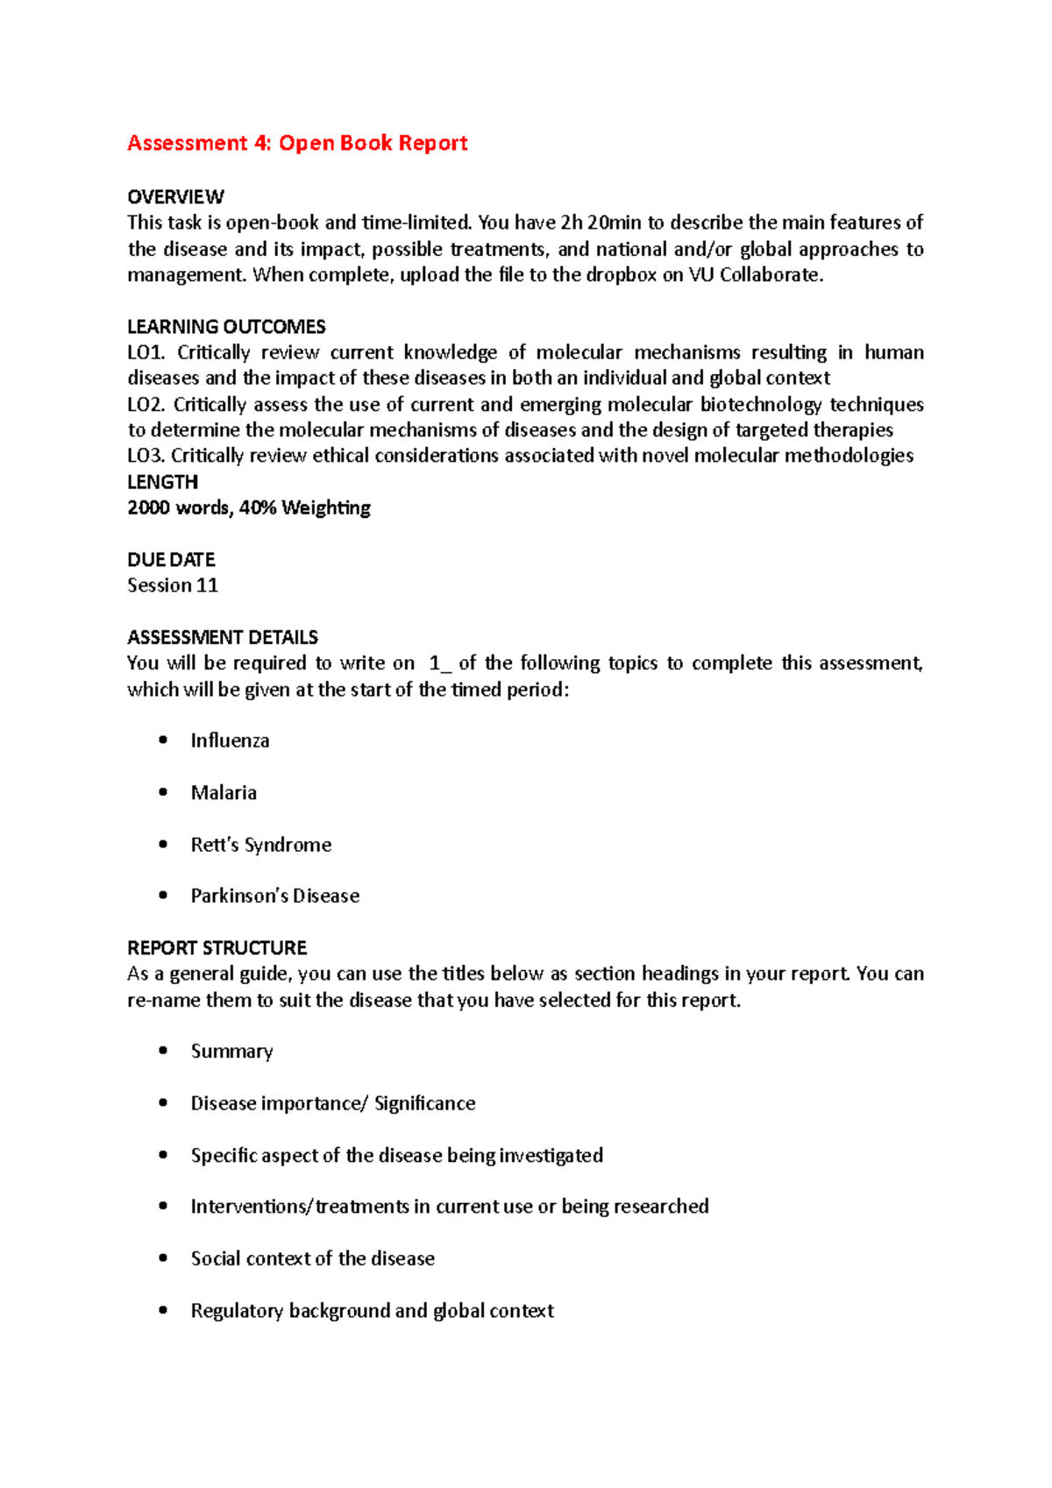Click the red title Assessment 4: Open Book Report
tap(297, 143)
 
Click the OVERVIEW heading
tap(175, 196)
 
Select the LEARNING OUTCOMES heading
tap(226, 327)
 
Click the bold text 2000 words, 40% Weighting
tap(249, 508)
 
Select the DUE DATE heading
tap(171, 560)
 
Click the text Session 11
tap(173, 585)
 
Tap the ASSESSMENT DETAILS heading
tap(223, 637)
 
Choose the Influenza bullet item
tap(230, 740)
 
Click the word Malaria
tap(224, 793)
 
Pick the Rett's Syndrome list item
tap(261, 845)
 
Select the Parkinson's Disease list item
tap(275, 896)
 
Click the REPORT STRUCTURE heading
tap(217, 948)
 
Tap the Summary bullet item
tap(231, 1052)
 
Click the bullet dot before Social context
tap(163, 1258)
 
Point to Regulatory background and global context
tap(372, 1311)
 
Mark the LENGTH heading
tap(162, 482)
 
